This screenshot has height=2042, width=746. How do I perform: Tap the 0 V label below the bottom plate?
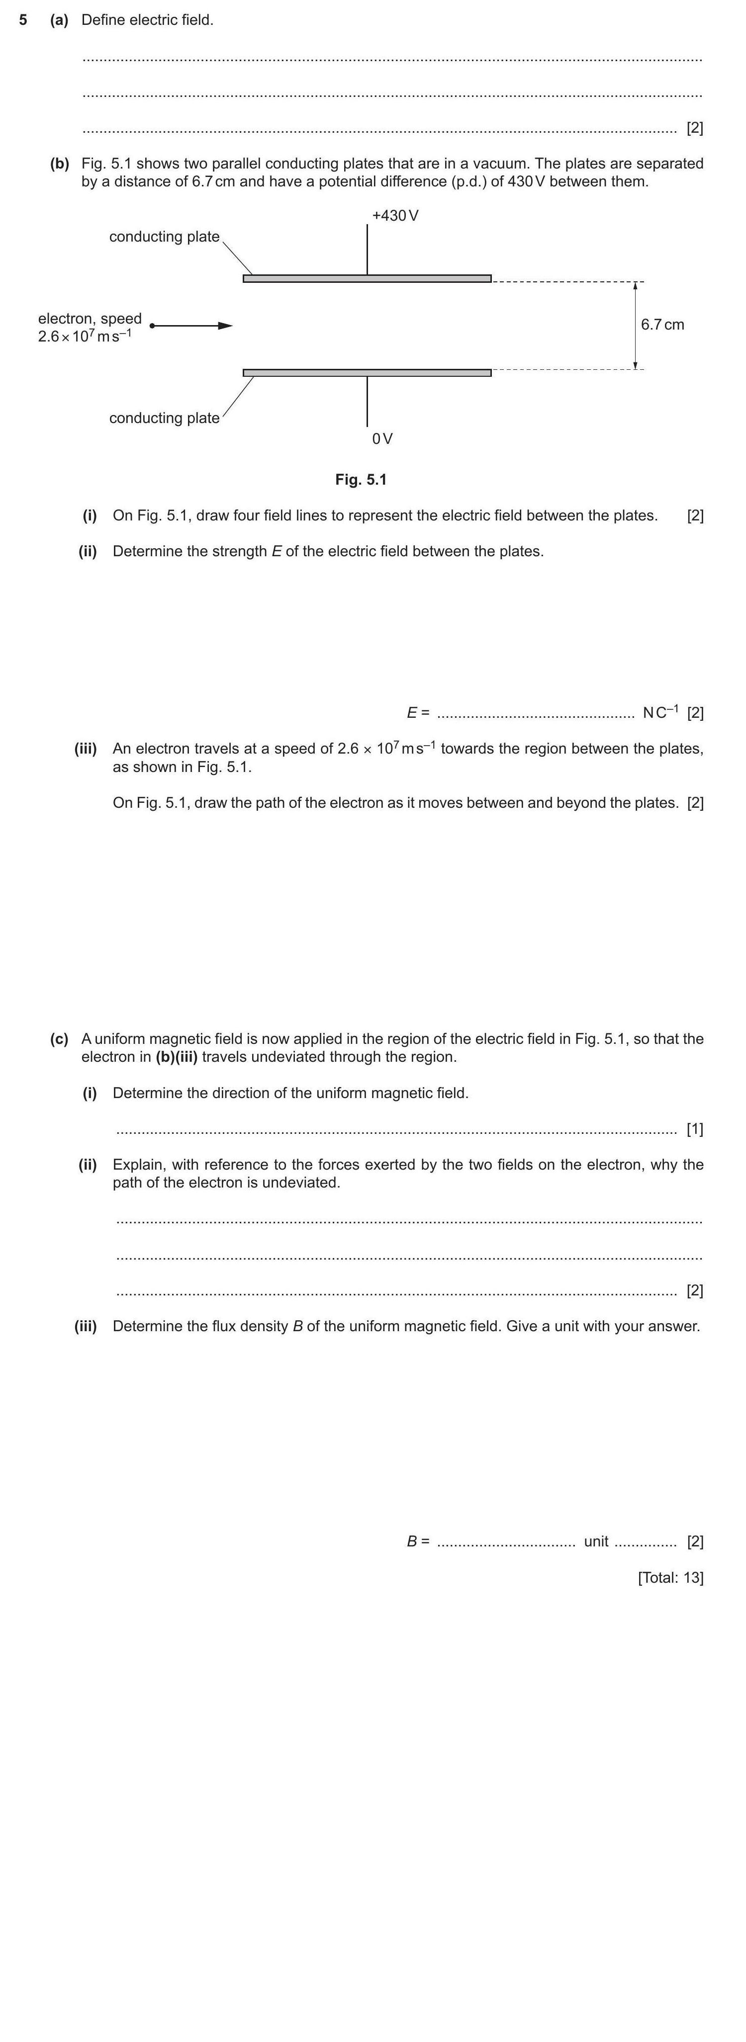coord(382,438)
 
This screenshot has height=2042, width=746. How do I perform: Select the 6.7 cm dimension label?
coord(662,324)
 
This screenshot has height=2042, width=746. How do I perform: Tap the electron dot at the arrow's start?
coord(151,326)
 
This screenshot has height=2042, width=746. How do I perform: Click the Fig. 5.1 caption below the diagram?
coord(361,480)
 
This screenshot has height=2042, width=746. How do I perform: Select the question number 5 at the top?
coord(23,20)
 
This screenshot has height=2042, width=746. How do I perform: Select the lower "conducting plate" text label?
coord(164,418)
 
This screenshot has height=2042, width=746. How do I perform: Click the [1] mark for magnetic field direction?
coord(694,1129)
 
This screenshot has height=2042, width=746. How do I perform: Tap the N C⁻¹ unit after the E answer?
coord(659,712)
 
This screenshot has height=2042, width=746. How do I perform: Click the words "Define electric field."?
coord(147,20)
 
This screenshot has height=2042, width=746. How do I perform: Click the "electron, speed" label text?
coord(90,319)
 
